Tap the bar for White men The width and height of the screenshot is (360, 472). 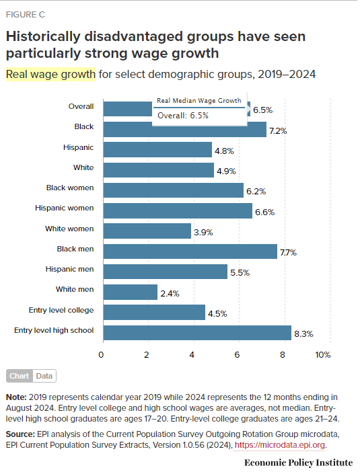[130, 292]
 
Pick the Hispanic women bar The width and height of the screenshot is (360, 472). [177, 210]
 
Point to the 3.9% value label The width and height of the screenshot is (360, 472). [203, 232]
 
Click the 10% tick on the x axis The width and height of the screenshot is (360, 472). [323, 354]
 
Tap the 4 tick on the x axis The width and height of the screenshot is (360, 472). [193, 354]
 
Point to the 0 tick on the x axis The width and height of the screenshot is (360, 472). [102, 354]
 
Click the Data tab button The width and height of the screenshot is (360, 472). [44, 377]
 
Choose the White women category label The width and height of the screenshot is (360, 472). [69, 229]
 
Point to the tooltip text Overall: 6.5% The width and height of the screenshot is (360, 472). [183, 116]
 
